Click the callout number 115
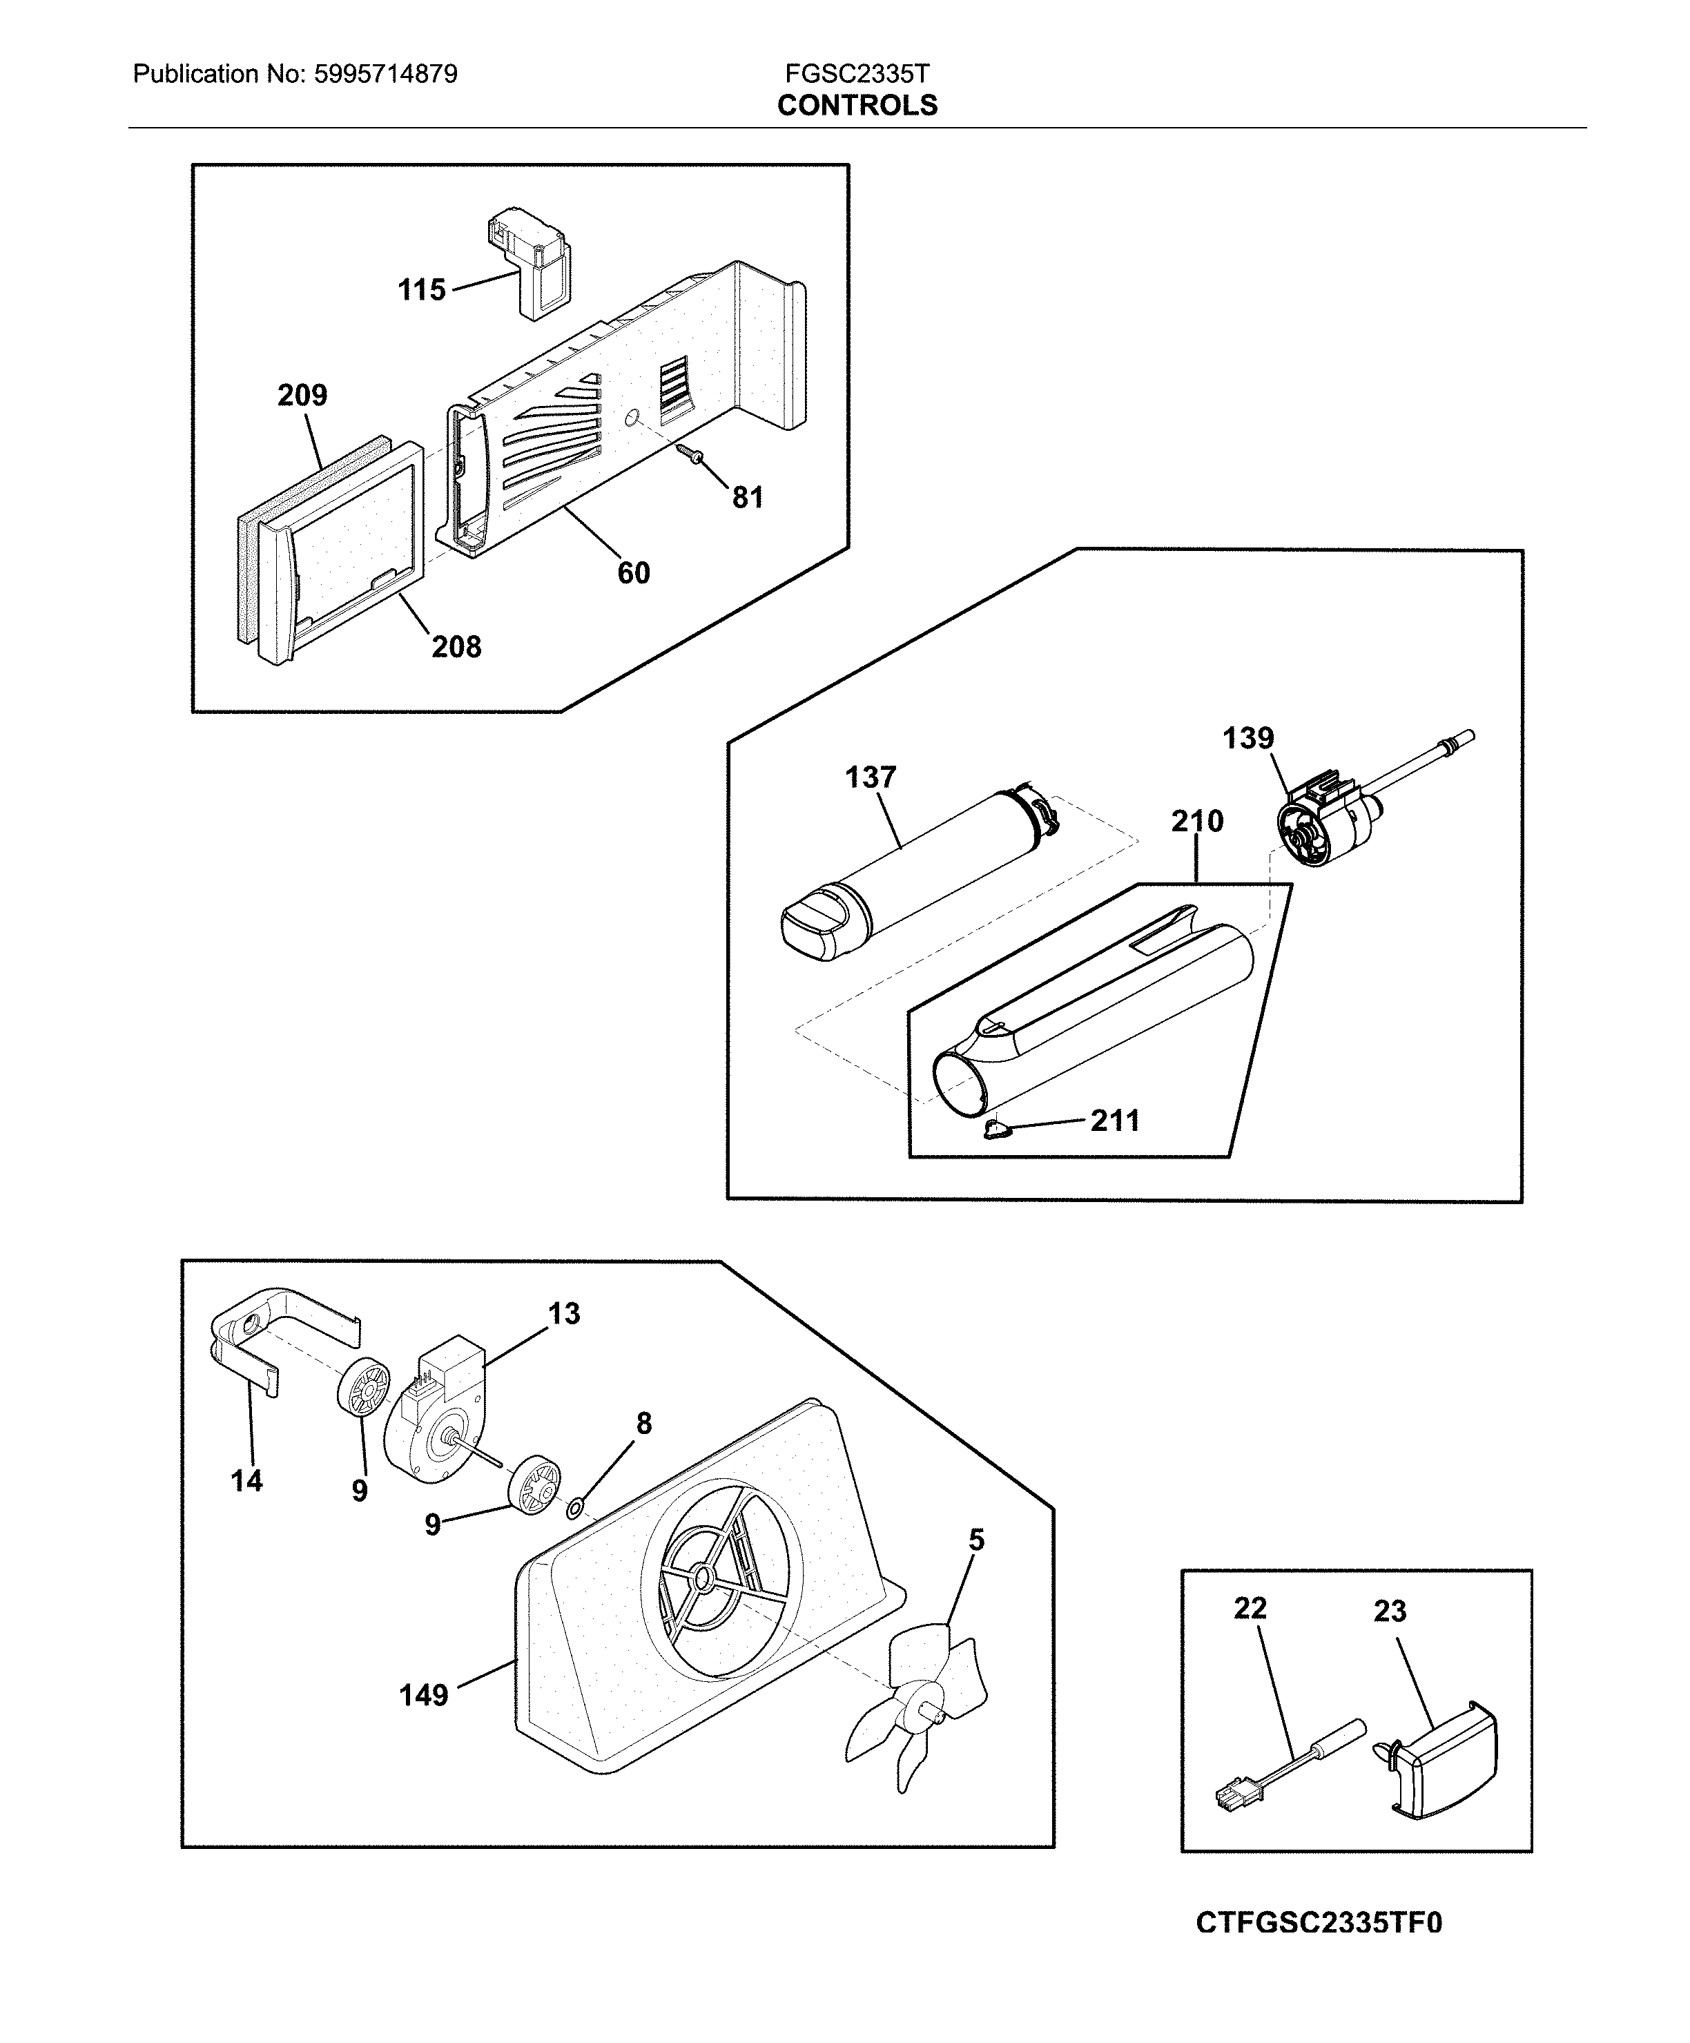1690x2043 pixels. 421,290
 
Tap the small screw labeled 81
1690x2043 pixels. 695,454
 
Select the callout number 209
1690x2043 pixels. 302,395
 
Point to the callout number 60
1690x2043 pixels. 633,573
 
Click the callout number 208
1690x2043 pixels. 456,647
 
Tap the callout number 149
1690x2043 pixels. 423,1696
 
